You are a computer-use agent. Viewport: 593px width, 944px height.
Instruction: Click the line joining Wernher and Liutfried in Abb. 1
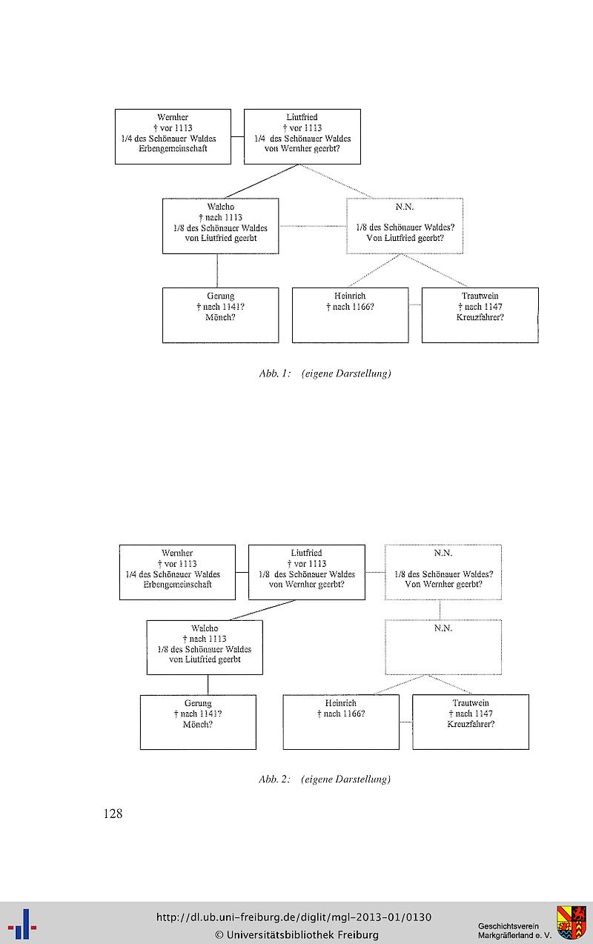[238, 136]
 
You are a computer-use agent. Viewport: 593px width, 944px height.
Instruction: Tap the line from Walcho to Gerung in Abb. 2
[208, 685]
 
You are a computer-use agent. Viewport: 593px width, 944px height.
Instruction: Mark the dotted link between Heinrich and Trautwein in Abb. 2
[406, 722]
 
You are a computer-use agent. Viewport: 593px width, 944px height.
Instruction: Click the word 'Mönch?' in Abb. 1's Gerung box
[220, 317]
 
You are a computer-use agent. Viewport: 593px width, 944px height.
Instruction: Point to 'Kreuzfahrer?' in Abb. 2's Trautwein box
[471, 724]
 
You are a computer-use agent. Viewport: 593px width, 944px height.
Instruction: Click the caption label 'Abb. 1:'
[275, 373]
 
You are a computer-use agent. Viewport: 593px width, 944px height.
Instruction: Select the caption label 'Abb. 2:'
[275, 780]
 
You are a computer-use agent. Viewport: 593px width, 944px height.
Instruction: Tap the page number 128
[113, 814]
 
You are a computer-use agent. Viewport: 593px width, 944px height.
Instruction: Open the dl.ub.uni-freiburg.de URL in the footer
[294, 917]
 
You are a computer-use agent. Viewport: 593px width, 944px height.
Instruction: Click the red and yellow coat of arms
[572, 922]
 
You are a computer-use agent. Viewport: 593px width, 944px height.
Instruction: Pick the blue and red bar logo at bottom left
[22, 924]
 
